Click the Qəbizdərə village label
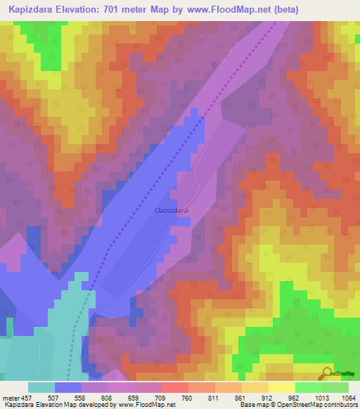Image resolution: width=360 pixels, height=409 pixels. coord(170,209)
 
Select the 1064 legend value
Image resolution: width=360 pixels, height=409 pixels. coord(349,397)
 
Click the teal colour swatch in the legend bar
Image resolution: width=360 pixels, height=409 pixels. coord(41,387)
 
